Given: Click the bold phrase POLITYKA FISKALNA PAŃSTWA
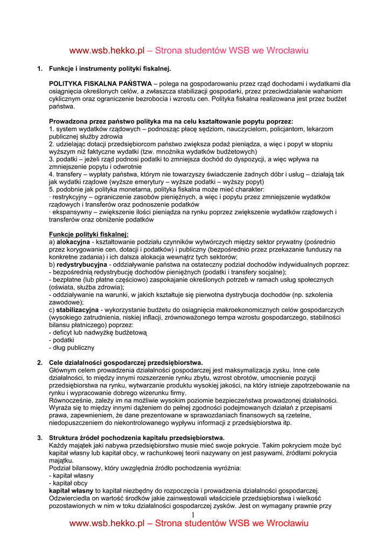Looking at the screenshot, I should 100,84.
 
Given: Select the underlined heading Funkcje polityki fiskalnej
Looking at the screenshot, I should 89,234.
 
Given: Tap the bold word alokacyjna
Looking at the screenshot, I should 73,242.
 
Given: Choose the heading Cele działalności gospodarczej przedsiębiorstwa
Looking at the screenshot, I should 126,362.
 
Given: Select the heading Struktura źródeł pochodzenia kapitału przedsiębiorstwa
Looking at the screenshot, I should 137,437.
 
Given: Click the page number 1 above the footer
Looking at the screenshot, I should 192,516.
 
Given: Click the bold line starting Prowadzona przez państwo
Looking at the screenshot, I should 171,122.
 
